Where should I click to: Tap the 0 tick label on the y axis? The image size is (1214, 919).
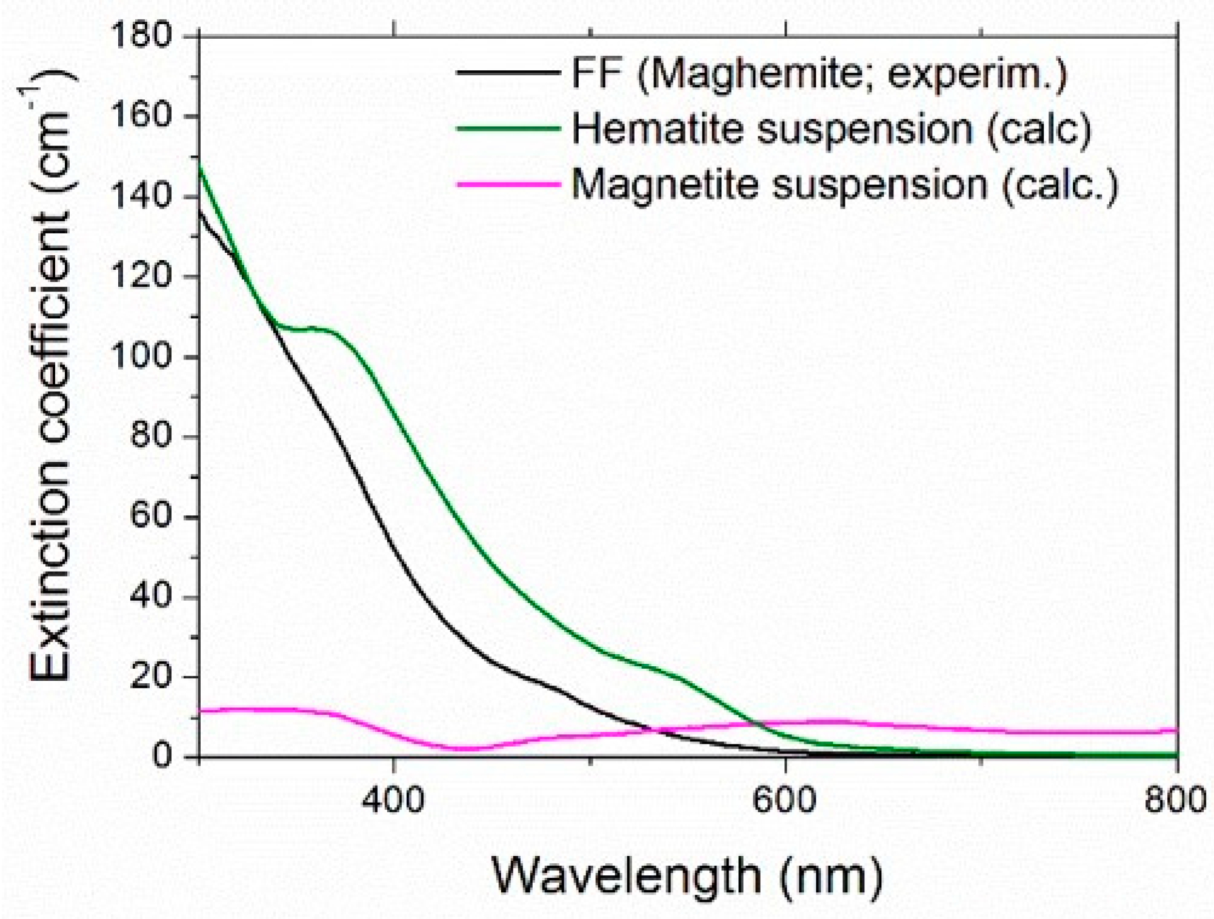tap(161, 756)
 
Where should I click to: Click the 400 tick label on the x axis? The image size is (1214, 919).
tap(393, 800)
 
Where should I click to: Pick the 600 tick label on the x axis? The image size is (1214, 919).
tap(785, 800)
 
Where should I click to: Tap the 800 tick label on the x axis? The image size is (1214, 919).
tap(1175, 800)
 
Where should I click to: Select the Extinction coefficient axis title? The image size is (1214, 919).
tap(52, 382)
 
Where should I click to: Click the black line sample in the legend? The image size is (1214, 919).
tap(508, 73)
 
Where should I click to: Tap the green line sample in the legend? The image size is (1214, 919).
tap(508, 129)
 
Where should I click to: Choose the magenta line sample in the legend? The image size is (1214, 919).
tap(508, 184)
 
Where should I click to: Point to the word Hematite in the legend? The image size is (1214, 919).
tap(657, 129)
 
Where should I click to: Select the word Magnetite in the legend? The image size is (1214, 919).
tap(664, 184)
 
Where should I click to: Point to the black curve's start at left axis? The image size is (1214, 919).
tap(200, 211)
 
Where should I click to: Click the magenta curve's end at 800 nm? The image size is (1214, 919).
tap(1176, 730)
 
